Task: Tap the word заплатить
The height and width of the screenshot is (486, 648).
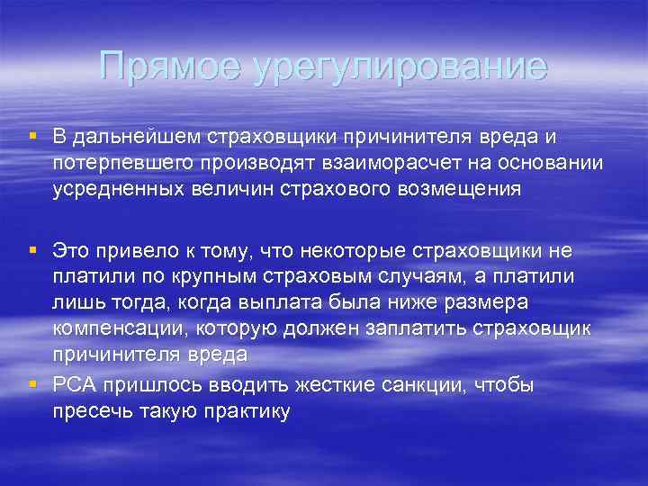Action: (x=415, y=328)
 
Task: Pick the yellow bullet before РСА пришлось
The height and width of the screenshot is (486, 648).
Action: (x=32, y=386)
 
